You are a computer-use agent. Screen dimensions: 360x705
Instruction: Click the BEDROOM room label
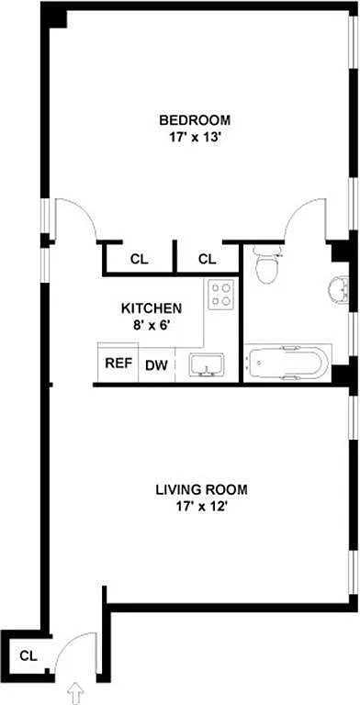tap(195, 120)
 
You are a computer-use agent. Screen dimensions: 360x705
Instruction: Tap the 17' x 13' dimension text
tap(195, 137)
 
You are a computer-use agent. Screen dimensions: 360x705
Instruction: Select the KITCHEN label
tap(152, 308)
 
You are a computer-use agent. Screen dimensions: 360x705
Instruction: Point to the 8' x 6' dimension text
tap(152, 325)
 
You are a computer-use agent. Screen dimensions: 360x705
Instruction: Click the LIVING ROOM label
tap(201, 489)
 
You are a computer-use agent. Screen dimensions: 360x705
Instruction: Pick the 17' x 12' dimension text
tap(201, 507)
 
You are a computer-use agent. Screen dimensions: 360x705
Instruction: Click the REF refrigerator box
tap(118, 363)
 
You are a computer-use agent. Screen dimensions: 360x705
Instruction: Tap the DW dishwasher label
tap(156, 365)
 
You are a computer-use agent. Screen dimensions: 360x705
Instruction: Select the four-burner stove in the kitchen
tap(221, 294)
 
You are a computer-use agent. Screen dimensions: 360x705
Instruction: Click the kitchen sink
tap(207, 364)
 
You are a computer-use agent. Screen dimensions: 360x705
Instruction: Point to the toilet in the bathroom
tap(266, 264)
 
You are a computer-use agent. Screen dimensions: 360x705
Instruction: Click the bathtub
tap(287, 364)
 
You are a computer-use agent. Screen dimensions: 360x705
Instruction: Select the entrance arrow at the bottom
tap(76, 694)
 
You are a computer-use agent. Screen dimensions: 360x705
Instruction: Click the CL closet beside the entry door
tap(28, 655)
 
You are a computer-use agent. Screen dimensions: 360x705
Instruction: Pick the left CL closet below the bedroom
tap(139, 260)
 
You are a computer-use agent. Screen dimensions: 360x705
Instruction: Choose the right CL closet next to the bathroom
tap(207, 260)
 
